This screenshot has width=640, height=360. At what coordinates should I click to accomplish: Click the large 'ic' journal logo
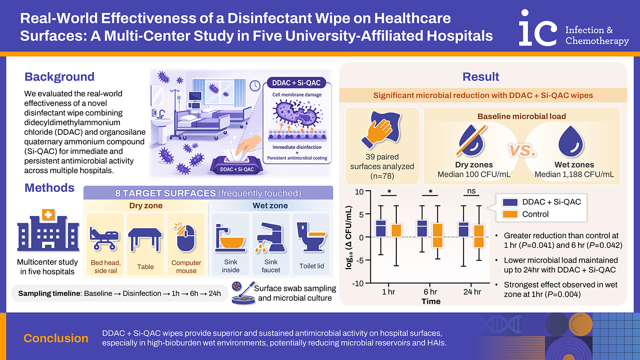538,29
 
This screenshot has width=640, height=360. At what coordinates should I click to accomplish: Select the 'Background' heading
59,77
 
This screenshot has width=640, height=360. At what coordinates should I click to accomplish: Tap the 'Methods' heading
49,188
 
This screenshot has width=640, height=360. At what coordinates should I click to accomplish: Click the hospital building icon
48,231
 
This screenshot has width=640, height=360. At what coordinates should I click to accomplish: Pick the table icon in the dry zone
145,239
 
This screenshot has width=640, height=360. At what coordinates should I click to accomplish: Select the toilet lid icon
311,237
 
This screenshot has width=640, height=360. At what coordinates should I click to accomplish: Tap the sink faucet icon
271,237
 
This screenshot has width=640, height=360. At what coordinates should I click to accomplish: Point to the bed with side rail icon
105,238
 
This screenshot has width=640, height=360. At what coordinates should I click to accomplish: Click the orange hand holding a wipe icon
381,130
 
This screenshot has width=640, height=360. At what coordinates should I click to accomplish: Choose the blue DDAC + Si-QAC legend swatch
510,202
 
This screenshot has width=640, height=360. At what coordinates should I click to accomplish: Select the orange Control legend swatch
510,214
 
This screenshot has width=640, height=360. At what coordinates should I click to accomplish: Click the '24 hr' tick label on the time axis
472,292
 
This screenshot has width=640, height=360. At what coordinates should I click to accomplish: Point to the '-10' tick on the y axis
358,284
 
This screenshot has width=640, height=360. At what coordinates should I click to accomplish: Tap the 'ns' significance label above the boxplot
471,191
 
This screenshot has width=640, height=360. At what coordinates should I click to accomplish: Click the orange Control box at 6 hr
437,235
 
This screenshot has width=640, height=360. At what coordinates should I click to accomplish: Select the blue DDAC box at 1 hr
381,229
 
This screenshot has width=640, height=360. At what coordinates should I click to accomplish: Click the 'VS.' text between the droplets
522,150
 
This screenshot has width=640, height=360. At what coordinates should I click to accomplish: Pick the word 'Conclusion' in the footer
56,338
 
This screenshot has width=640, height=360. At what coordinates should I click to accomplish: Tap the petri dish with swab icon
242,293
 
